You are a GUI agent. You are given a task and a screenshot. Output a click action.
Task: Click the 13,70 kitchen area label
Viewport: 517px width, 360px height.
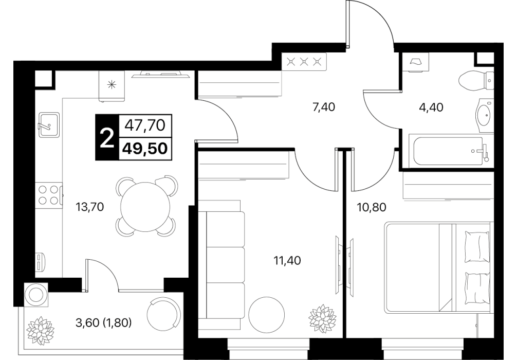coord(90,207)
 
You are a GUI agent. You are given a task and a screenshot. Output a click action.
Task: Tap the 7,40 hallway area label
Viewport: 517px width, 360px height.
coord(323,107)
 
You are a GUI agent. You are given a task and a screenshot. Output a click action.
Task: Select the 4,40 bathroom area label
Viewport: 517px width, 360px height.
coord(431,107)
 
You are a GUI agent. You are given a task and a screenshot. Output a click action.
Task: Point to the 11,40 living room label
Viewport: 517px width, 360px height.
coord(287,261)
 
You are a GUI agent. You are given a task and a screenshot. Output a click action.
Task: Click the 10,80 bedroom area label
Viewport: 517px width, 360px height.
coord(372,207)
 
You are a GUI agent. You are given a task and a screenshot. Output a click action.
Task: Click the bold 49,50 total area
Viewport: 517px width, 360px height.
coord(145,149)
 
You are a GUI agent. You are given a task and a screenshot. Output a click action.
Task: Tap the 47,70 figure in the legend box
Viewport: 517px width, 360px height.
coord(145,125)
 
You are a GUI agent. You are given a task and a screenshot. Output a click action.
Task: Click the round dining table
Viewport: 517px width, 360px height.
coord(145,207)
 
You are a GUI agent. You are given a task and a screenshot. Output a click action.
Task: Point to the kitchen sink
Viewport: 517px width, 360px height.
coord(49,125)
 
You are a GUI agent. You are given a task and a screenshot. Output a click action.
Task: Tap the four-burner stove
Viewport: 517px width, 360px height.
coord(49,195)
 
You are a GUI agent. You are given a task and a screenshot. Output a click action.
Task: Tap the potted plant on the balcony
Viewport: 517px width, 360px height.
coord(40,330)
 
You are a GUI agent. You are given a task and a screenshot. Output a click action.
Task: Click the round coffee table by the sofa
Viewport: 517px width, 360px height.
coord(266,314)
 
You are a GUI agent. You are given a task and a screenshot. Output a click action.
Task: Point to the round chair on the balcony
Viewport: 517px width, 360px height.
coord(164,313)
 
